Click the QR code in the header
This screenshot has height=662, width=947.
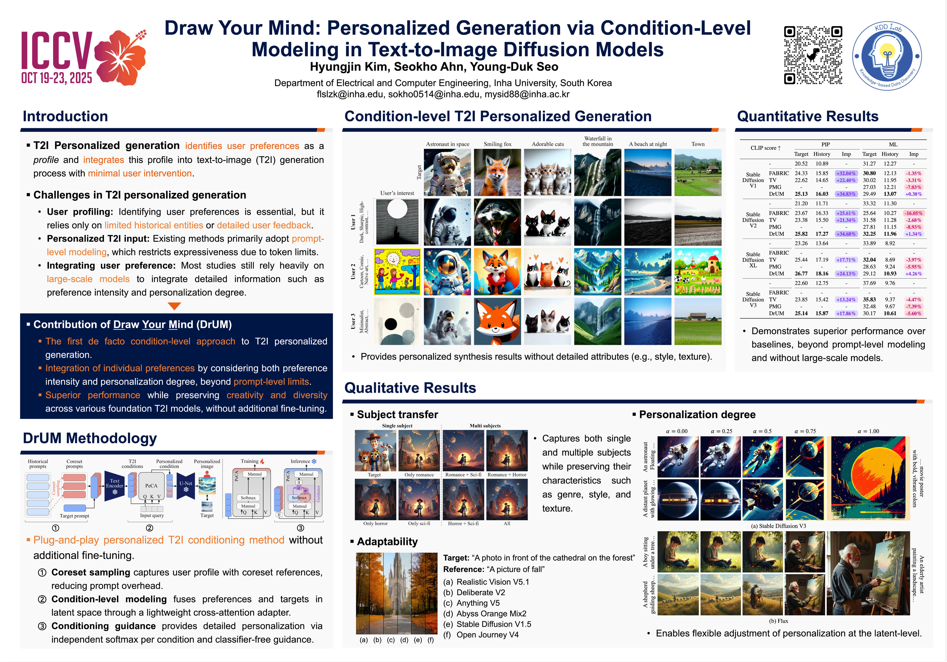[x=813, y=55]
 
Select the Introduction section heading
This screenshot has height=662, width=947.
[x=65, y=116]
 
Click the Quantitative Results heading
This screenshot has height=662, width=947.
[x=808, y=116]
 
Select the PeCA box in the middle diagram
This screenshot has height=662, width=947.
[x=151, y=486]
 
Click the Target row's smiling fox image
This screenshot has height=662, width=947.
[x=497, y=172]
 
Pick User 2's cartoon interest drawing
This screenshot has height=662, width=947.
[x=397, y=271]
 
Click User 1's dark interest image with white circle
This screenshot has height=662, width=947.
[x=397, y=222]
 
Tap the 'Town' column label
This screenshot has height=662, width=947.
[x=698, y=144]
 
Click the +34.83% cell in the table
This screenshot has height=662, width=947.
[x=846, y=194]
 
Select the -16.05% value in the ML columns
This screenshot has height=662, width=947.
[x=914, y=213]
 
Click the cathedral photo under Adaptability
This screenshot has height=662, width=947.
[x=397, y=593]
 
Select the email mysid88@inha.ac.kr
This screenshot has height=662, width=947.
[x=527, y=94]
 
